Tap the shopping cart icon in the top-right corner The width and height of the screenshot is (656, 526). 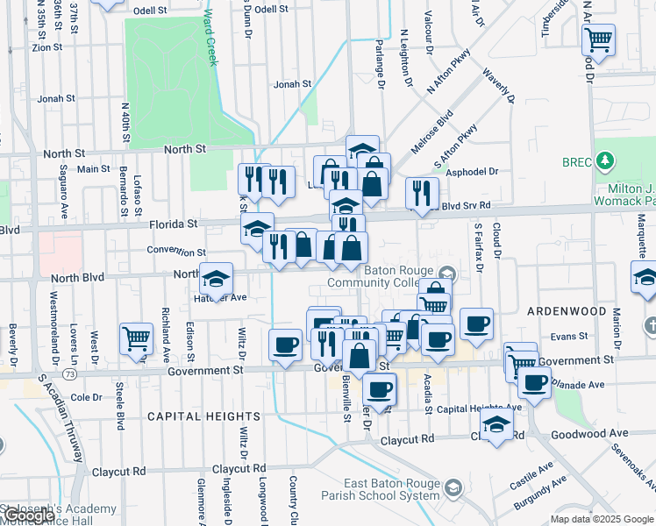click(x=598, y=39)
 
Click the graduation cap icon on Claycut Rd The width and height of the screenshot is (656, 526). click(x=497, y=425)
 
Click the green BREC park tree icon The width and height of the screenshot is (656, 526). click(x=603, y=161)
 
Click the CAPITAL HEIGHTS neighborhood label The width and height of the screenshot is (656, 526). click(x=203, y=416)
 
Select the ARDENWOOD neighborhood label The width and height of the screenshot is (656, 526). click(x=566, y=311)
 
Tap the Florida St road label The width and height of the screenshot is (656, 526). click(x=174, y=224)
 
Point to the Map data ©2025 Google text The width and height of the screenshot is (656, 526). click(x=602, y=519)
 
